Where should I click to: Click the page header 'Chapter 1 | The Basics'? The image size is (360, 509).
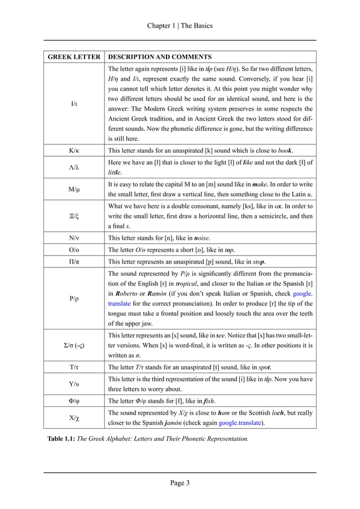(179, 26)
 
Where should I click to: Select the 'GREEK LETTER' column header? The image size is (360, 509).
(74, 57)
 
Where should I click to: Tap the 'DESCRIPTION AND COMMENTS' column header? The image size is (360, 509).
(160, 57)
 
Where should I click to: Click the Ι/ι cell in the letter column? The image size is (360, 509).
(74, 104)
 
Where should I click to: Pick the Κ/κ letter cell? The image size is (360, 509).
(74, 151)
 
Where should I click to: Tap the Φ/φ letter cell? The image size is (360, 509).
(74, 401)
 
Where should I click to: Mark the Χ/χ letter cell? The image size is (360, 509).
(74, 419)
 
